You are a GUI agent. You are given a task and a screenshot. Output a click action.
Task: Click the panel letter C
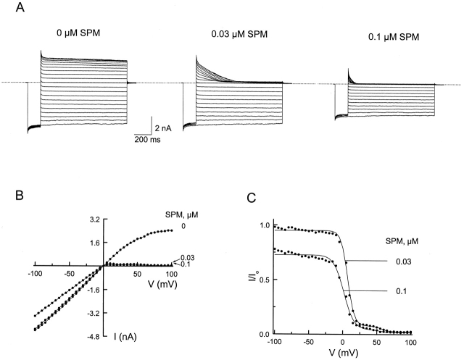pyautogui.click(x=251, y=197)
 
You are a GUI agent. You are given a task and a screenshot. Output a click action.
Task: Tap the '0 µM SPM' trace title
pyautogui.click(x=83, y=33)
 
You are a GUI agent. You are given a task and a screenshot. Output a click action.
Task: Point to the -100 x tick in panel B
pyautogui.click(x=33, y=275)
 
